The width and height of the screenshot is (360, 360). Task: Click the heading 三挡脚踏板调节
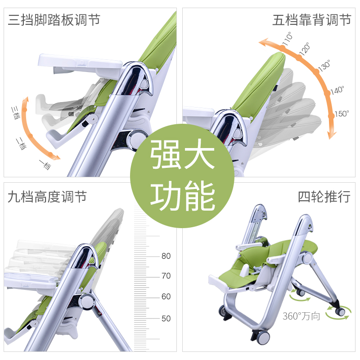[54, 20]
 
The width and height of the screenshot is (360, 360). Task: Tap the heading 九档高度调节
[47, 197]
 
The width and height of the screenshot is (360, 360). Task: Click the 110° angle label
[287, 38]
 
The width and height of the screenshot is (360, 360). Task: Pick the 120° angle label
[305, 48]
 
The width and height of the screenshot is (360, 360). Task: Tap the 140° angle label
[337, 90]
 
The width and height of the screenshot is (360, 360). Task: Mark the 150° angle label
[342, 113]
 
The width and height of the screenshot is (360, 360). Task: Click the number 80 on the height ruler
[166, 256]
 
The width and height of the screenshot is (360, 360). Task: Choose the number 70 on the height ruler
[166, 276]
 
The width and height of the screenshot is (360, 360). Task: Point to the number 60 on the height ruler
[166, 297]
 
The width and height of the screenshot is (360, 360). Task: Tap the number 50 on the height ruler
[166, 318]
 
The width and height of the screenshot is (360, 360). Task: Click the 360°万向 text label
[301, 316]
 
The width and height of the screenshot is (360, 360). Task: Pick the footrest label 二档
[21, 144]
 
